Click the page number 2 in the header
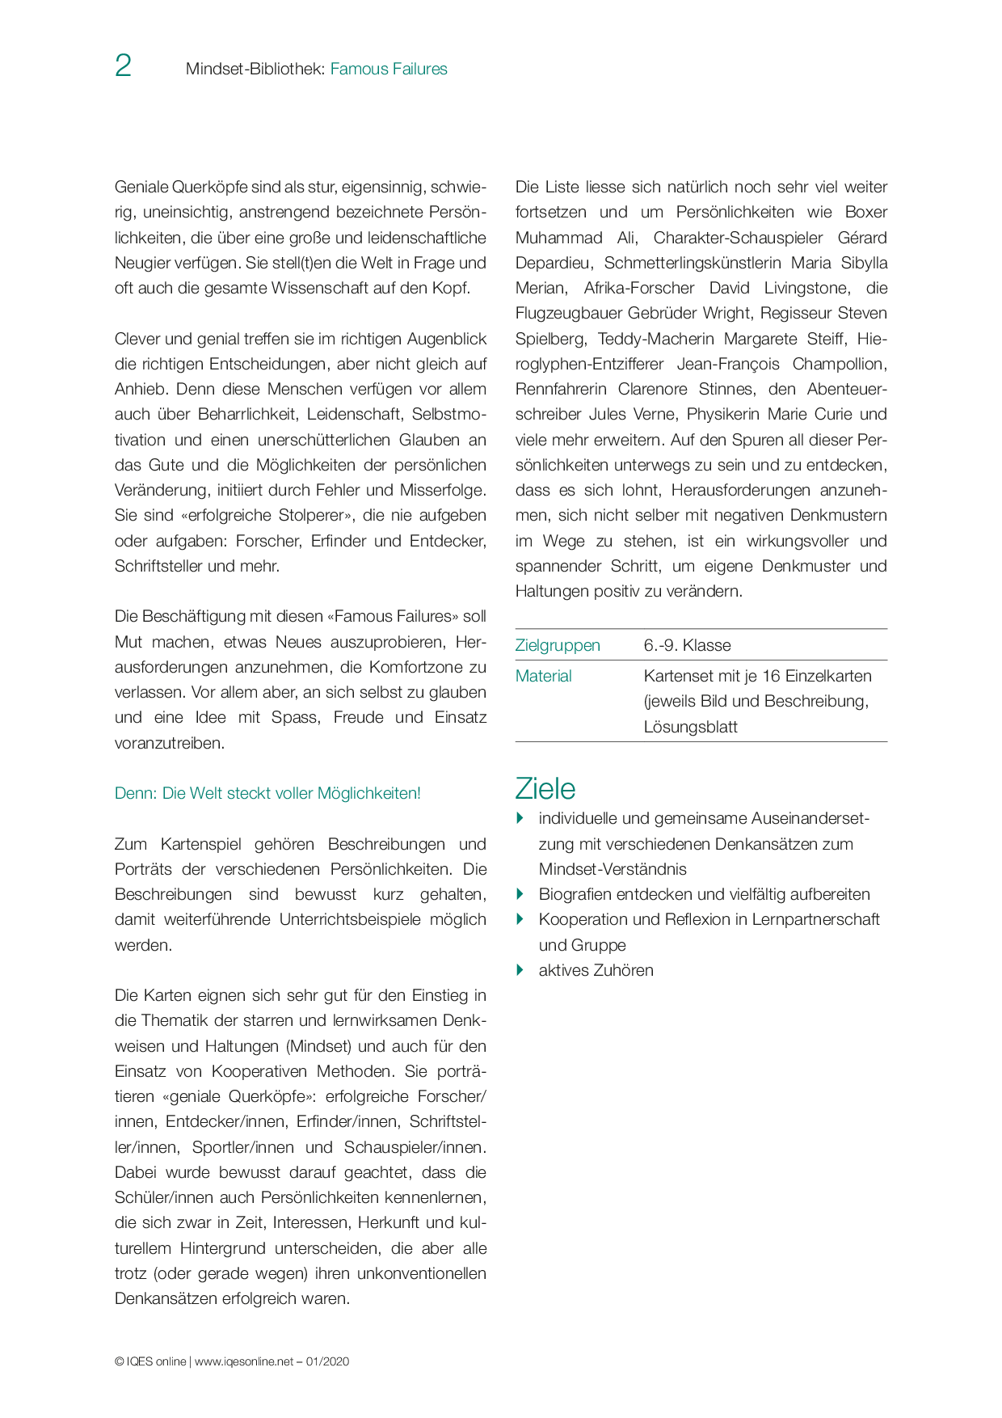pyautogui.click(x=123, y=66)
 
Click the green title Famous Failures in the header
pyautogui.click(x=389, y=70)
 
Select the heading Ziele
pyautogui.click(x=545, y=788)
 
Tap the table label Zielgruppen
pyautogui.click(x=558, y=645)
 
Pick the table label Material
pyautogui.click(x=543, y=676)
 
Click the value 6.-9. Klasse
pyautogui.click(x=687, y=645)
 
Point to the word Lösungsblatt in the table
pyautogui.click(x=690, y=727)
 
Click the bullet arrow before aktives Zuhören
pyautogui.click(x=520, y=970)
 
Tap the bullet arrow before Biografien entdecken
pyautogui.click(x=520, y=894)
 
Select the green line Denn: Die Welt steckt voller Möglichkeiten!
pyautogui.click(x=267, y=793)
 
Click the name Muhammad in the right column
pyautogui.click(x=558, y=238)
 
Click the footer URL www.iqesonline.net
pyautogui.click(x=244, y=1361)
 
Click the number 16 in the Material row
pyautogui.click(x=771, y=676)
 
